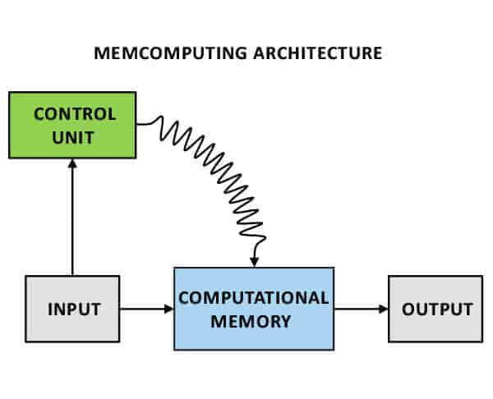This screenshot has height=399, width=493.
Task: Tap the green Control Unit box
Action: click(x=71, y=125)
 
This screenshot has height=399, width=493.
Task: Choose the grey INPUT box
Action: click(x=72, y=309)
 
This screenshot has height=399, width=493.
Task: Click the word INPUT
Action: click(x=73, y=310)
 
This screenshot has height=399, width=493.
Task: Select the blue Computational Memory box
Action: click(x=253, y=309)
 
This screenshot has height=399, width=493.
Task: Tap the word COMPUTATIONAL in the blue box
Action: click(x=253, y=297)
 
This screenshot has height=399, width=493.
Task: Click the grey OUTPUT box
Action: click(x=435, y=309)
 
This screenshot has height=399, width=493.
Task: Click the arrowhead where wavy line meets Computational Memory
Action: click(x=255, y=262)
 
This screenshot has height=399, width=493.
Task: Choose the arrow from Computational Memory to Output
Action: click(x=361, y=309)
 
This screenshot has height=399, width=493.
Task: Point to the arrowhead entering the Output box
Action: click(x=384, y=309)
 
